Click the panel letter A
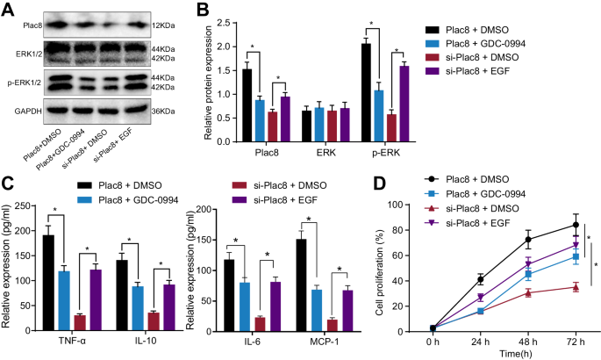(x=8, y=10)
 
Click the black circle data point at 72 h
(x=576, y=225)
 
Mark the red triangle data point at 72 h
(x=576, y=287)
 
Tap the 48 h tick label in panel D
(x=527, y=341)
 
